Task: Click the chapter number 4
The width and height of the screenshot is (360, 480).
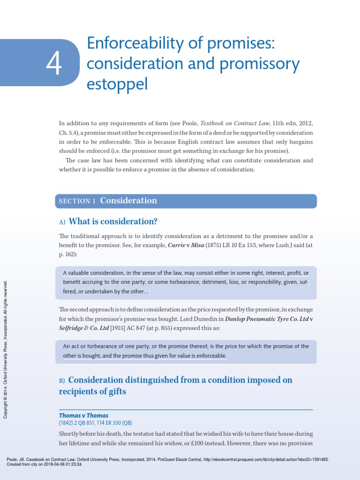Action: pos(54,65)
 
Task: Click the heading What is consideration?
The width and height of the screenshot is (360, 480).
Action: pos(113,221)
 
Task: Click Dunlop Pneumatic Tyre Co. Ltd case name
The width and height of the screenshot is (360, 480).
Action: pos(267,319)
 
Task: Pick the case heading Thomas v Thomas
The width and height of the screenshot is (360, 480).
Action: pos(84,415)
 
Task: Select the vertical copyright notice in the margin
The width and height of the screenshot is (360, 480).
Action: pos(6,349)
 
